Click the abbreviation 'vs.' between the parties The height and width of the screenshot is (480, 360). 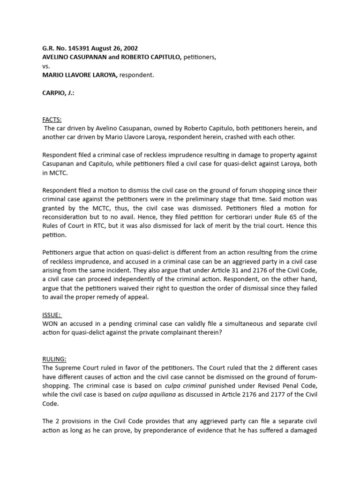tap(46, 66)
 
